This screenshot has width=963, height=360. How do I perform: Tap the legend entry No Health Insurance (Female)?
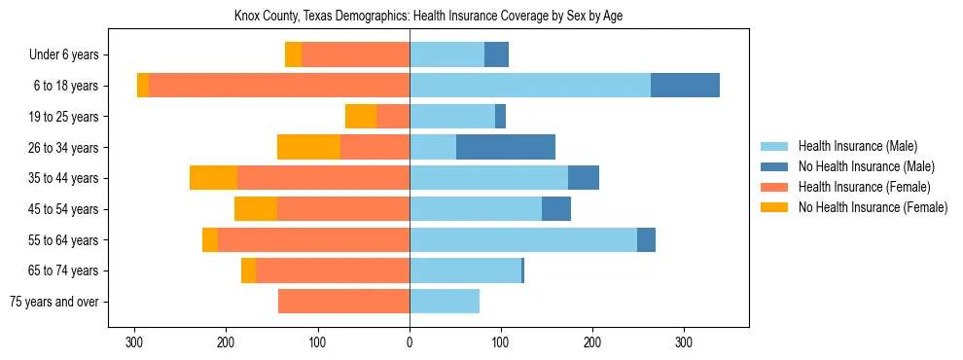coord(873,207)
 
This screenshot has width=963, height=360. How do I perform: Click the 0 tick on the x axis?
coord(410,342)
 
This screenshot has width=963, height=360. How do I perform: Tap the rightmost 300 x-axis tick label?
coord(684,342)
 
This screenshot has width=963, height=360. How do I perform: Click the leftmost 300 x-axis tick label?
coord(135,342)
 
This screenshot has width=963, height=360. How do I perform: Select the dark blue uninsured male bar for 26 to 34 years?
coord(506,147)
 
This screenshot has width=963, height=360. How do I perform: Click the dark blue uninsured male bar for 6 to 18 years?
coord(685,86)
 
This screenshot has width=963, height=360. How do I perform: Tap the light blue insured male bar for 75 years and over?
coord(445,302)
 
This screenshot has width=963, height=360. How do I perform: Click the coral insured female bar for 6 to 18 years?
coord(279,86)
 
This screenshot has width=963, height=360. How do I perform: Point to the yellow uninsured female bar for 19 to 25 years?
coord(361,117)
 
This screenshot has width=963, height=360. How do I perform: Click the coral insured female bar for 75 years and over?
coord(343,302)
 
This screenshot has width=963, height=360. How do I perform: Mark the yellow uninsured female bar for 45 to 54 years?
coord(256,209)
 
